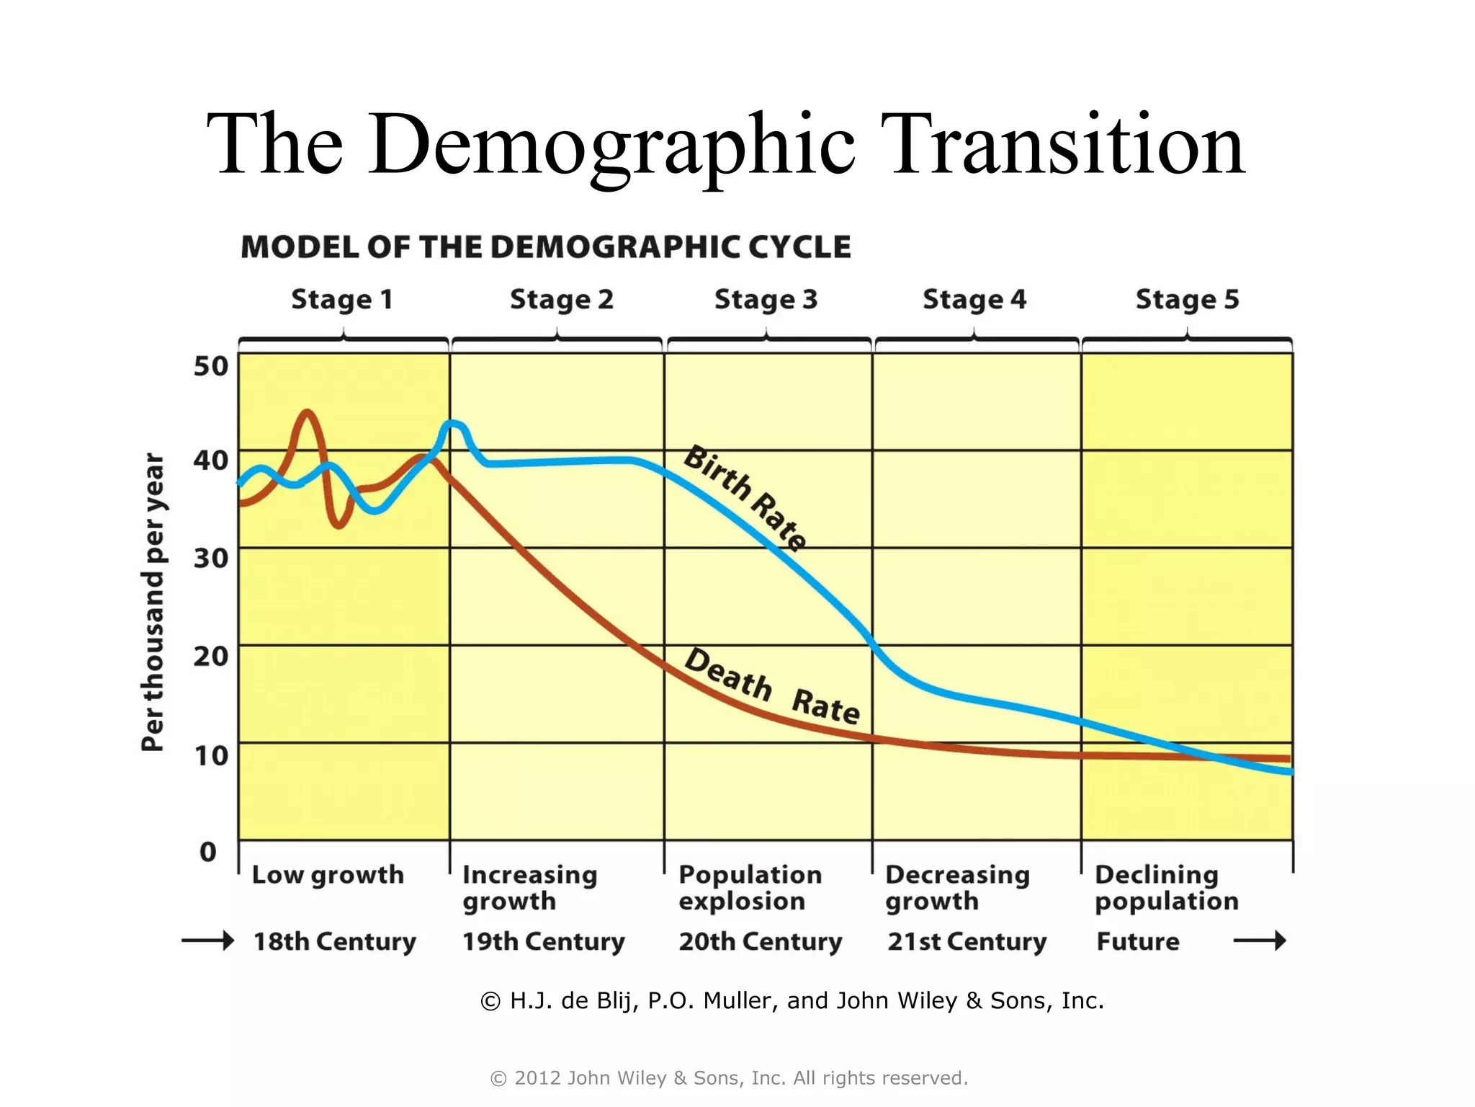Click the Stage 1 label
pos(342,299)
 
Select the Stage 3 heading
pos(766,299)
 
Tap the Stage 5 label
pos(1187,299)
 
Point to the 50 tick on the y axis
pos(210,366)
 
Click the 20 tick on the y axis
pos(210,656)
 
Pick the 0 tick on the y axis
pos(208,852)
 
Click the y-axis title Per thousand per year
pos(153,603)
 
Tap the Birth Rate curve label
pos(745,497)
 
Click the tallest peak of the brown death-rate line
pos(308,412)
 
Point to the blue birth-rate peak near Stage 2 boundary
pos(454,424)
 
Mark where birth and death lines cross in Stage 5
pos(1217,757)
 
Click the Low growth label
pos(328,875)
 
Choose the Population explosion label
pos(749,887)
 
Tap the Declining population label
pos(1166,887)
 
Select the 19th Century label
pos(543,941)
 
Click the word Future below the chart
pos(1137,941)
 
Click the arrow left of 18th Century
pos(207,941)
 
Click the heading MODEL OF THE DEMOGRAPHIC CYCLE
pos(545,247)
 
